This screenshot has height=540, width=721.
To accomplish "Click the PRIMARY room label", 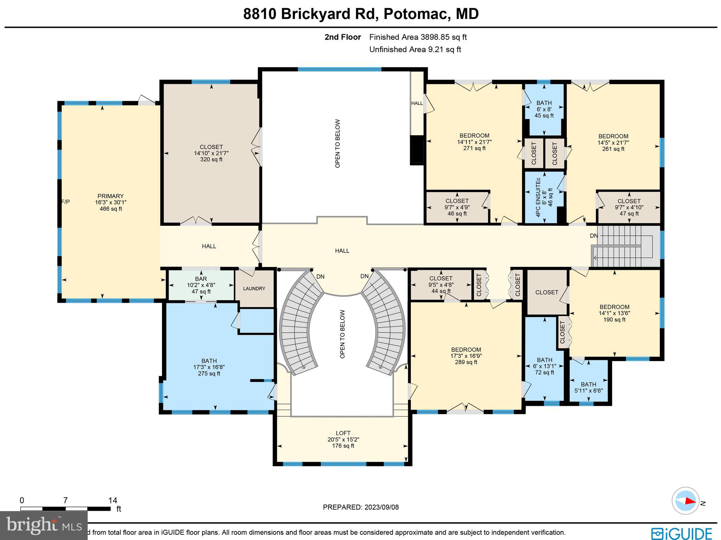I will click(x=111, y=196).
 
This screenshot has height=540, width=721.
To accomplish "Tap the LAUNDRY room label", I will click(x=254, y=288).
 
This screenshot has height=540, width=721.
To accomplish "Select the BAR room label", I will click(x=201, y=279).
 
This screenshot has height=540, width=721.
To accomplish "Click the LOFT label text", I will click(x=343, y=433).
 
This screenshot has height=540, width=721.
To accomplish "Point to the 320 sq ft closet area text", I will click(x=211, y=160).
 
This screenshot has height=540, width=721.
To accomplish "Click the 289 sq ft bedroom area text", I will click(x=466, y=362).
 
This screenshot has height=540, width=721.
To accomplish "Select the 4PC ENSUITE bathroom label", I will click(x=538, y=198).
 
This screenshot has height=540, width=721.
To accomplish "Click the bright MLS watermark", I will click(x=44, y=525).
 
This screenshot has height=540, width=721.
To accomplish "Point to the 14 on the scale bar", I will click(x=113, y=501).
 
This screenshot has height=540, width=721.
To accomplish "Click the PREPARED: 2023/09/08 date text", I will click(x=361, y=507).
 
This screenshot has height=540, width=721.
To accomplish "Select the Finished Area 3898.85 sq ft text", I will click(x=418, y=37).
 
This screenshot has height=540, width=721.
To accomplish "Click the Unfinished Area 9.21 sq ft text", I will click(x=415, y=49).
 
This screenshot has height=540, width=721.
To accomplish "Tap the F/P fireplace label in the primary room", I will click(x=65, y=202).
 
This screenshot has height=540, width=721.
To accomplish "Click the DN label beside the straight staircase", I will click(x=594, y=236).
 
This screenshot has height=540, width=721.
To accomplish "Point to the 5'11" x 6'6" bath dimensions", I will click(x=589, y=391).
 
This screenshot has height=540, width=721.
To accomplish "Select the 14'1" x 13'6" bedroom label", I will click(x=614, y=313).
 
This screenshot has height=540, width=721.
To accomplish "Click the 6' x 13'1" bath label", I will click(x=545, y=366).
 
